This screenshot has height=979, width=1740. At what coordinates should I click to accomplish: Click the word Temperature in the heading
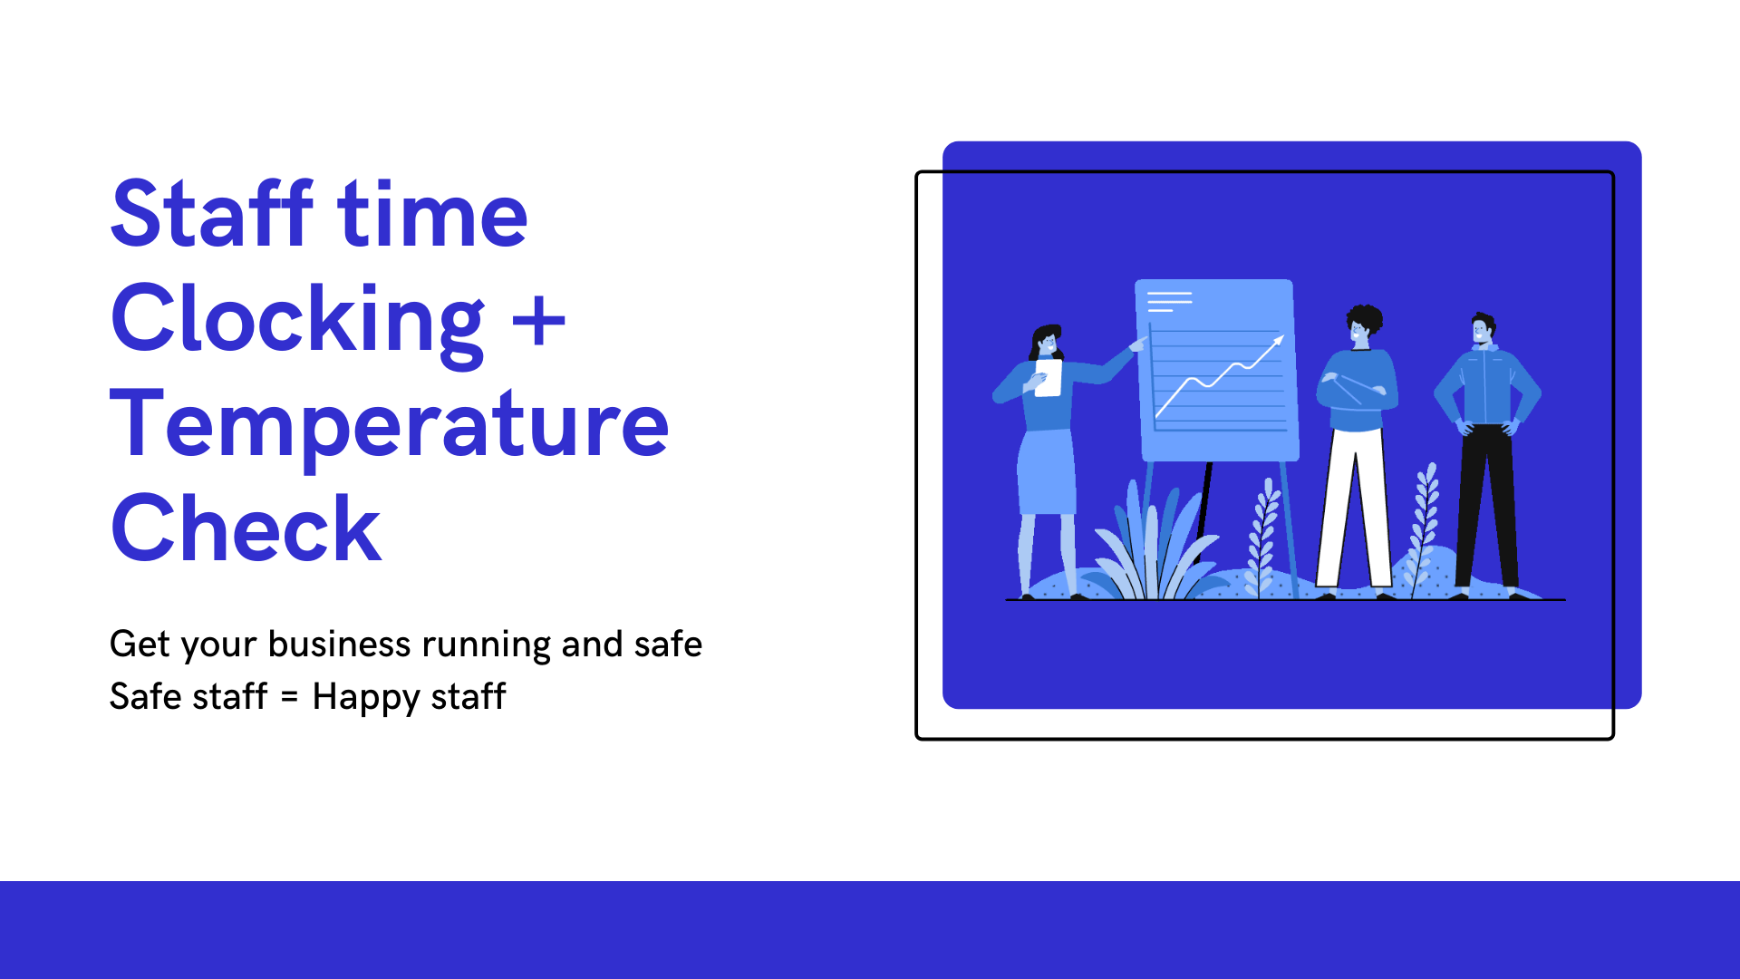coord(390,424)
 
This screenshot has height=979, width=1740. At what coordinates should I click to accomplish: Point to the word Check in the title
coord(246,528)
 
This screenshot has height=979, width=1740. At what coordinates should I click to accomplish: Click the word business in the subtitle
coord(340,644)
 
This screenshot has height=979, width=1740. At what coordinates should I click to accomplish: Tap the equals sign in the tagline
coord(289,697)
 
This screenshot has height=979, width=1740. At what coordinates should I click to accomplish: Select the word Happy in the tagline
coord(366,697)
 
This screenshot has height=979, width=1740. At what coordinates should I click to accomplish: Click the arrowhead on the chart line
coord(1278,341)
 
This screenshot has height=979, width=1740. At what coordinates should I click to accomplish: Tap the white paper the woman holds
coord(1049,378)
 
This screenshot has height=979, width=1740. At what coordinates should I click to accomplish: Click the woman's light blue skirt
coord(1047,472)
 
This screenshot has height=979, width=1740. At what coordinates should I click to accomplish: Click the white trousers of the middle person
coord(1354,509)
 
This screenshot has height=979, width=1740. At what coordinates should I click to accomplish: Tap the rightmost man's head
coord(1484,328)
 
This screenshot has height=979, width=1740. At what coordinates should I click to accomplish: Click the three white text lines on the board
coord(1169,301)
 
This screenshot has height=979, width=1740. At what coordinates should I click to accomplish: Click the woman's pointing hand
coord(1138,344)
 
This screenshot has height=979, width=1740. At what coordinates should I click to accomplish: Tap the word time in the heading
coord(432,215)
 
